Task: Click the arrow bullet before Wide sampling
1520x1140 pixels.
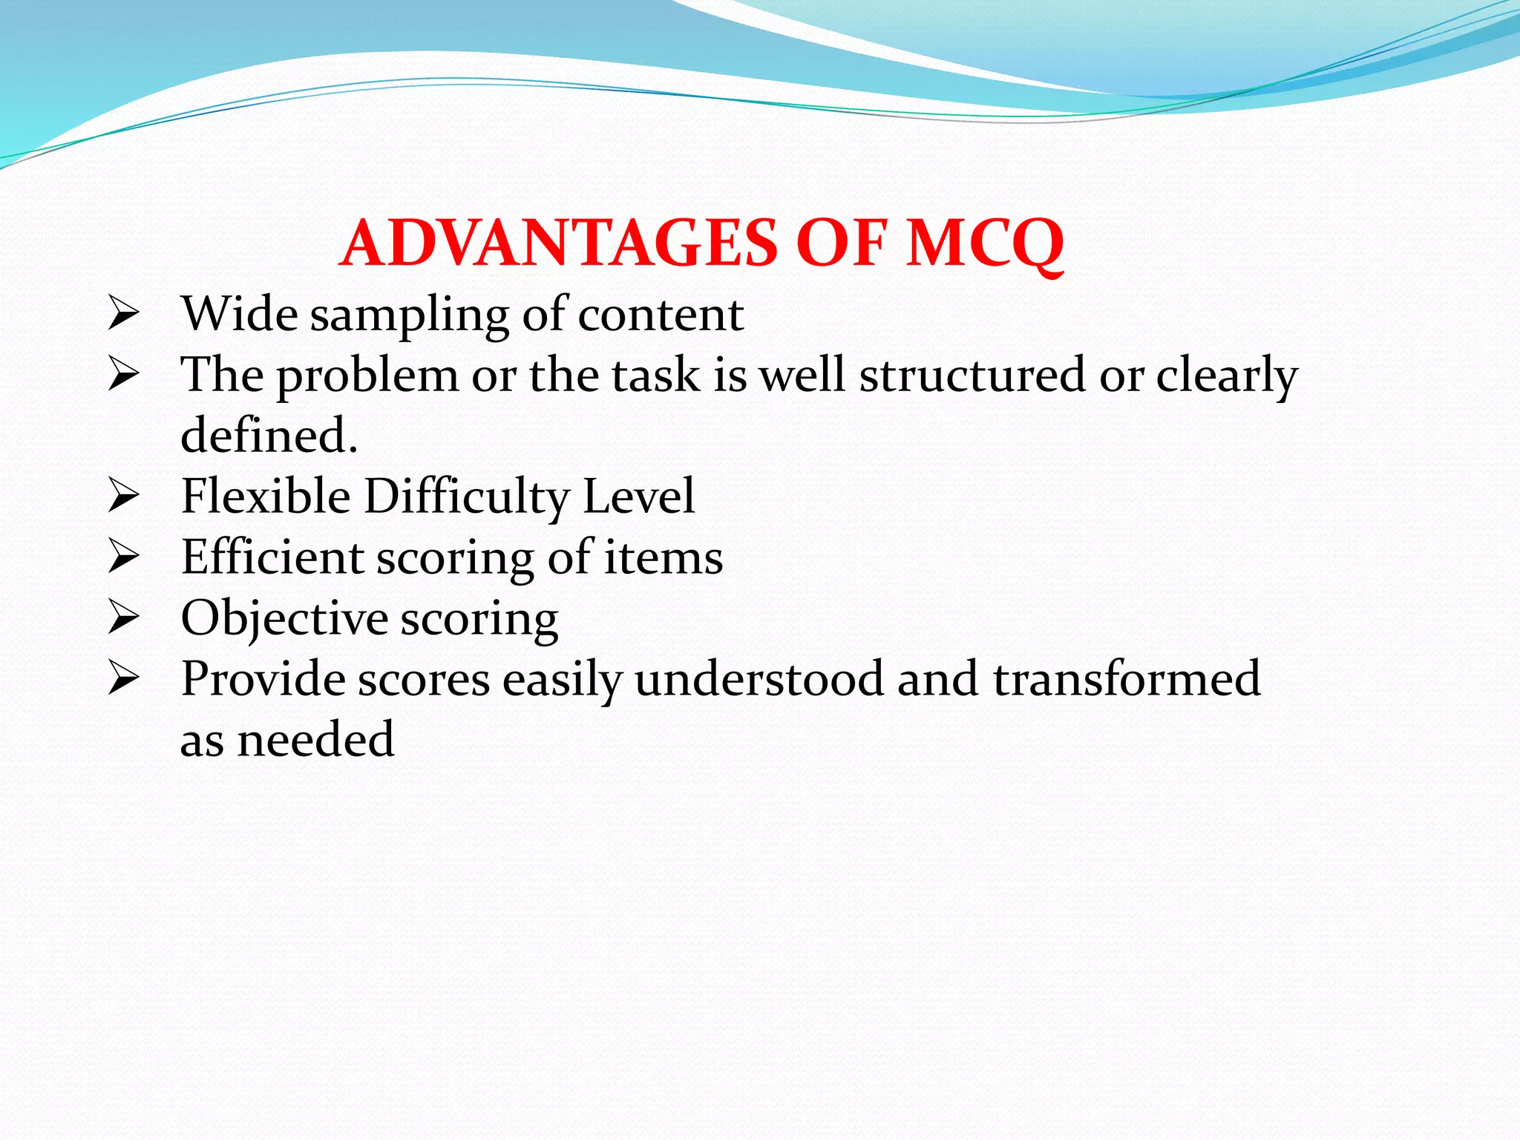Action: (x=123, y=313)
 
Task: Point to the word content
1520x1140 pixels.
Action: (x=661, y=315)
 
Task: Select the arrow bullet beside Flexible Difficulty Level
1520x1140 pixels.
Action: (x=123, y=496)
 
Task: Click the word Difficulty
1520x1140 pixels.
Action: (x=466, y=497)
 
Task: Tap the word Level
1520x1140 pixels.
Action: (x=638, y=496)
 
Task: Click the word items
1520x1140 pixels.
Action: (x=663, y=558)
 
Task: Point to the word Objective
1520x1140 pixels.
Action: (x=284, y=618)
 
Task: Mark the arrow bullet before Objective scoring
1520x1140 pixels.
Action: (x=123, y=617)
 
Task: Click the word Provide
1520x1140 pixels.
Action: (x=262, y=678)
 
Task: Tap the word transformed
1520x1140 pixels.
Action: (x=1127, y=678)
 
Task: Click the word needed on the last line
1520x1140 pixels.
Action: (x=315, y=740)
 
